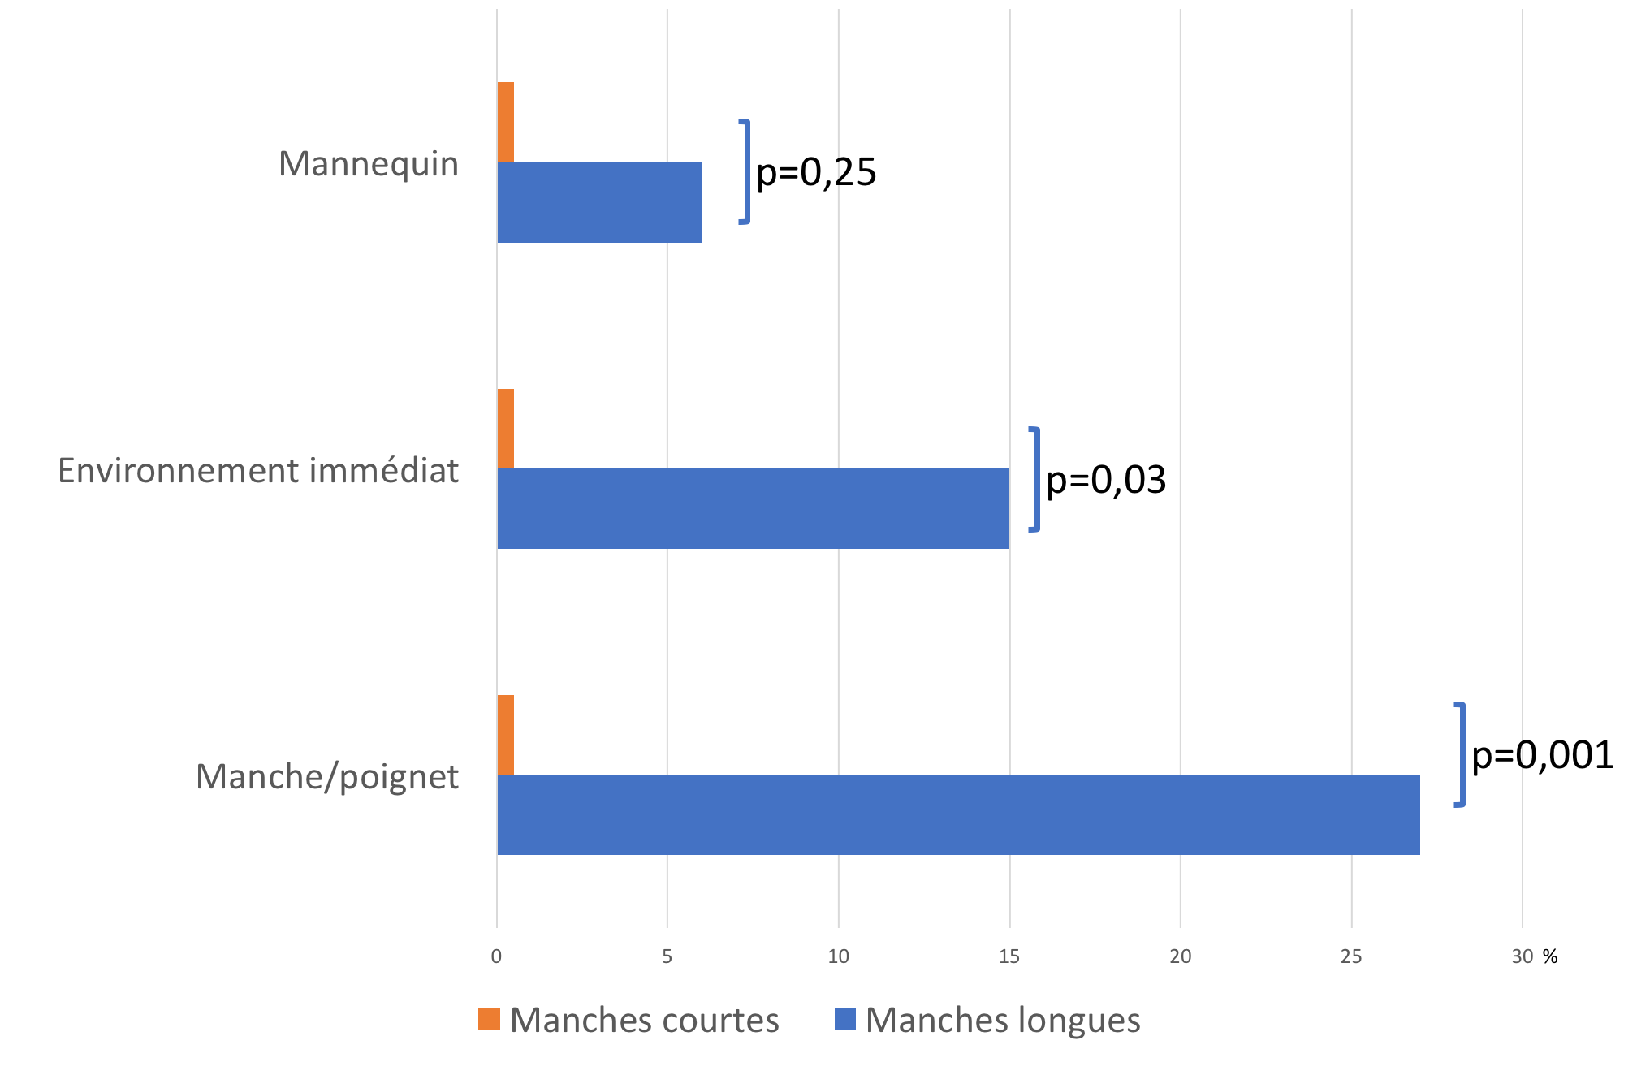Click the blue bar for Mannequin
click(x=599, y=202)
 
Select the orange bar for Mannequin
click(x=505, y=123)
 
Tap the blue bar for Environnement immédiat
click(x=753, y=508)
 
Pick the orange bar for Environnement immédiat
click(x=505, y=429)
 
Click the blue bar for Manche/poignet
click(x=958, y=814)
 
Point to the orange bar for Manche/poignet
click(x=505, y=735)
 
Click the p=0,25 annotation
click(x=816, y=172)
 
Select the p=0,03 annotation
click(x=1106, y=480)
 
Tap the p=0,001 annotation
click(x=1542, y=755)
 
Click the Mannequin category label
click(x=369, y=164)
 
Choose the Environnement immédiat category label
click(x=258, y=471)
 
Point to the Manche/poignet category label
click(x=327, y=777)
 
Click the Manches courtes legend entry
click(x=629, y=1020)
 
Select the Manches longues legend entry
click(x=987, y=1020)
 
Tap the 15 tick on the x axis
click(x=1009, y=956)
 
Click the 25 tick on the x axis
click(x=1351, y=956)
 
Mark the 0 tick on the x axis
click(x=496, y=956)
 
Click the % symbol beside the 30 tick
click(x=1550, y=956)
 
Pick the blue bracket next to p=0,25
click(x=745, y=171)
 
